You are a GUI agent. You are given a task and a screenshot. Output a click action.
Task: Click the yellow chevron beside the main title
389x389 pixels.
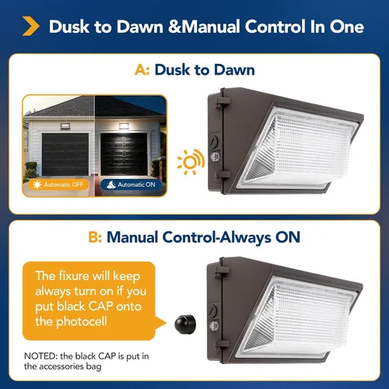tap(30, 26)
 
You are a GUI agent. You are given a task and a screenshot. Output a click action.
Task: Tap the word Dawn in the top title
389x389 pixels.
tap(140, 26)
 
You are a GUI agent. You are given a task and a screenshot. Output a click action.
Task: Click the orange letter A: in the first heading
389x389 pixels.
tap(142, 70)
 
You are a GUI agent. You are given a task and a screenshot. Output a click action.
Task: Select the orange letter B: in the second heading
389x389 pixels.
tap(95, 237)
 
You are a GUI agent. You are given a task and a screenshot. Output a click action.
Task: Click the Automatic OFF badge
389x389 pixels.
tap(58, 184)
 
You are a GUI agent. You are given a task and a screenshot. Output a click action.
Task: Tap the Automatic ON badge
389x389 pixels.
tap(131, 184)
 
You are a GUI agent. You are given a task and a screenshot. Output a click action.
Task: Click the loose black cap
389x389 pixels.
tap(185, 324)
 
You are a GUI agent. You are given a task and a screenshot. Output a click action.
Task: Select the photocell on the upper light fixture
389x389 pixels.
tap(215, 156)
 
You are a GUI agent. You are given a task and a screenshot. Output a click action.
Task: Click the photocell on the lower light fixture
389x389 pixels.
tap(214, 326)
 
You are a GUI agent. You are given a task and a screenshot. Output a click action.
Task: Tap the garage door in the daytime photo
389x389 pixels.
tap(65, 154)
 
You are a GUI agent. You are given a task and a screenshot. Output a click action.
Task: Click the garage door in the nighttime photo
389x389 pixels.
tap(124, 154)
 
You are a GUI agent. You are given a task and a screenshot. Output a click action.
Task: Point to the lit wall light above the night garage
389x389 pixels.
tap(124, 126)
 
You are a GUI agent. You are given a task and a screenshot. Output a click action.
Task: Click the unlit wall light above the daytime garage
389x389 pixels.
tap(65, 126)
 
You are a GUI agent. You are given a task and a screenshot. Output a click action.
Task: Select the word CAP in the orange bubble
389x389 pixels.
tap(100, 307)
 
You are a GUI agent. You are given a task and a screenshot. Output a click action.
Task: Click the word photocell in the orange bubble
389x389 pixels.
tap(82, 321)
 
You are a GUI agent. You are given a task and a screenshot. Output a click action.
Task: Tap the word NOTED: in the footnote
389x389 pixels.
tap(41, 356)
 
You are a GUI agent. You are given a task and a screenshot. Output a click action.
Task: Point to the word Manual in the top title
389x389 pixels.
tap(210, 26)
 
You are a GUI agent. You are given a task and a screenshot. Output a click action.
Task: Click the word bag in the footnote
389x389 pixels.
tap(94, 367)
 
